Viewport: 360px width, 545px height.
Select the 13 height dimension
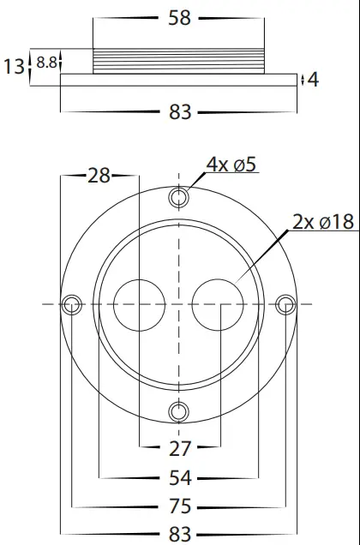point(13,66)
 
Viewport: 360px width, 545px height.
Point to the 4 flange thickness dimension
point(313,80)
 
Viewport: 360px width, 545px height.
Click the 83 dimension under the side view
point(179,111)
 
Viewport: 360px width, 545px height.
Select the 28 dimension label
point(99,176)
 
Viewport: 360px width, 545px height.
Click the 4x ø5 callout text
point(231,165)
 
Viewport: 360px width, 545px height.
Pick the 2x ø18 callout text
point(322,222)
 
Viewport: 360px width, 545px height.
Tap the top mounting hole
point(179,198)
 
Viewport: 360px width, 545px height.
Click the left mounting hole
point(72,304)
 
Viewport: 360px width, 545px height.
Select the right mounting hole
point(286,304)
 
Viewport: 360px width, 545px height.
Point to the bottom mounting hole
point(179,411)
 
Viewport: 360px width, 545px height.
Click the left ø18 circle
point(139,304)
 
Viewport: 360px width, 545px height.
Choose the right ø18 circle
point(219,304)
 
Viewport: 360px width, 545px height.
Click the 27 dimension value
point(179,447)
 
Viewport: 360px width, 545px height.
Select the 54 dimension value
point(179,476)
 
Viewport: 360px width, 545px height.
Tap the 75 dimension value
point(179,506)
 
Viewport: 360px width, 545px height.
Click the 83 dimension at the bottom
point(179,535)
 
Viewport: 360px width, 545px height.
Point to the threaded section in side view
point(179,61)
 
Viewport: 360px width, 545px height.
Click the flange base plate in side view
point(179,80)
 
